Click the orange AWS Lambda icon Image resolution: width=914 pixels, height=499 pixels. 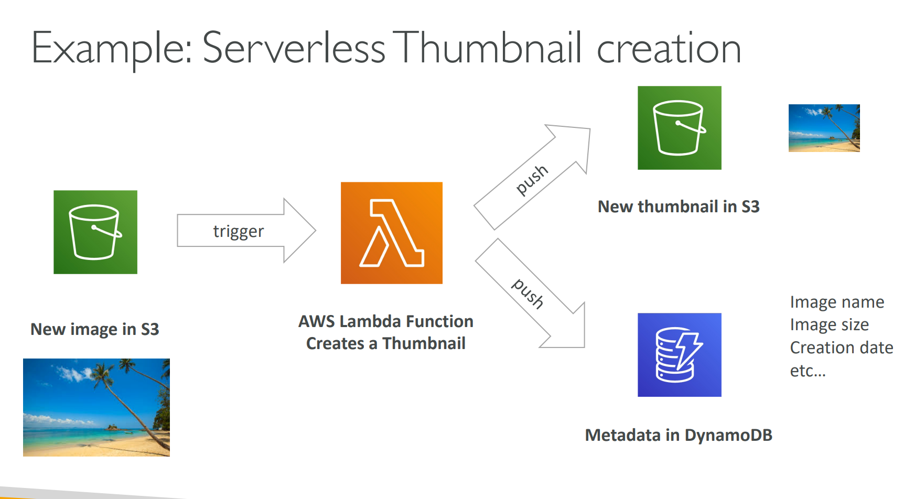[391, 233]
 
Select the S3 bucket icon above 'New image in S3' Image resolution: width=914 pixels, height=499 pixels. [95, 232]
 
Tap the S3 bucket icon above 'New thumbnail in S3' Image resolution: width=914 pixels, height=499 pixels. [679, 128]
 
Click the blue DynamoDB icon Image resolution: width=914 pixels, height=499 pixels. [679, 355]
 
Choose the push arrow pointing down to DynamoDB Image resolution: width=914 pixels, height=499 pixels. [530, 294]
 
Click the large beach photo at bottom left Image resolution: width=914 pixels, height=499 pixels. [96, 407]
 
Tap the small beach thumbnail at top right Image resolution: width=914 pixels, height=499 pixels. [824, 128]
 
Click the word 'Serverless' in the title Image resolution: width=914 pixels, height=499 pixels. [294, 49]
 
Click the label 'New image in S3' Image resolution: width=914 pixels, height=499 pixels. [95, 329]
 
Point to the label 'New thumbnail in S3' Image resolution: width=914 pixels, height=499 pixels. [679, 207]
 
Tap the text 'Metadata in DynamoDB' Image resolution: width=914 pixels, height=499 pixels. [679, 435]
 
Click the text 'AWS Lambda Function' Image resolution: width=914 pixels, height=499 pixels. [386, 321]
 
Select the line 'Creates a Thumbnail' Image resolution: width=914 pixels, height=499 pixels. [386, 343]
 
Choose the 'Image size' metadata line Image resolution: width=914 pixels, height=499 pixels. [829, 325]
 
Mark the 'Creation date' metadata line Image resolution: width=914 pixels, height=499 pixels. [841, 348]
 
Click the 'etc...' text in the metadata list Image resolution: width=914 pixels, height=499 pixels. [808, 371]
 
